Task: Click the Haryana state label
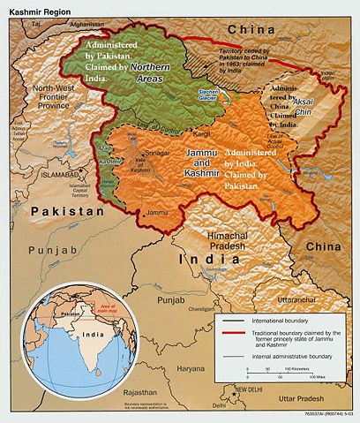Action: point(166,367)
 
